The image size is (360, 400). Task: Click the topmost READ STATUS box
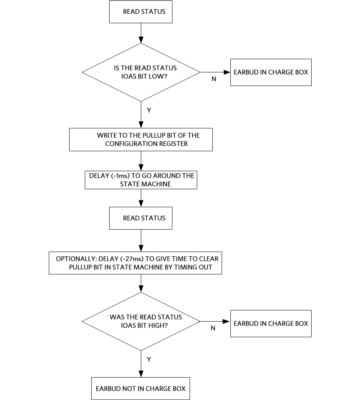pos(141,12)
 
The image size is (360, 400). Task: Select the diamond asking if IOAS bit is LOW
pos(141,72)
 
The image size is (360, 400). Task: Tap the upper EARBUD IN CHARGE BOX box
pos(271,72)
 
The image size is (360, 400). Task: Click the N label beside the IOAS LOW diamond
pos(214,79)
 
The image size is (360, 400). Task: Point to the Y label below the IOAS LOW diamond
pos(149,110)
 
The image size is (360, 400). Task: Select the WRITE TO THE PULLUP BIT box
pos(141,140)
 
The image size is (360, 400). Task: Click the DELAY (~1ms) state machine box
pos(141,180)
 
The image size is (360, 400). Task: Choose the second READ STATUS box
pos(141,218)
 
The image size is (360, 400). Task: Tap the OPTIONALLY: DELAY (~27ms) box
pos(135,263)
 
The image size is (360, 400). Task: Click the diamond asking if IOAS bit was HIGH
pos(141,322)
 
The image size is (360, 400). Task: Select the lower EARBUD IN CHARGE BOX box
pos(271,324)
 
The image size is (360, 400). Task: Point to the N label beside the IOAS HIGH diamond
pos(213,328)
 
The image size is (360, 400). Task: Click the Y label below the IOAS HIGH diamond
pos(149,360)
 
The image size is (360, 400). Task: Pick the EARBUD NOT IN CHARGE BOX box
pos(140,388)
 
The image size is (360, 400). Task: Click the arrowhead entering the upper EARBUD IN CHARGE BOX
pos(227,72)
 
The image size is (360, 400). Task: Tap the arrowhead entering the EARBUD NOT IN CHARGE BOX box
pos(141,374)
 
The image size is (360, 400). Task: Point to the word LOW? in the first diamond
pos(158,76)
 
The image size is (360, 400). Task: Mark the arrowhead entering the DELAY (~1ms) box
pos(141,168)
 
